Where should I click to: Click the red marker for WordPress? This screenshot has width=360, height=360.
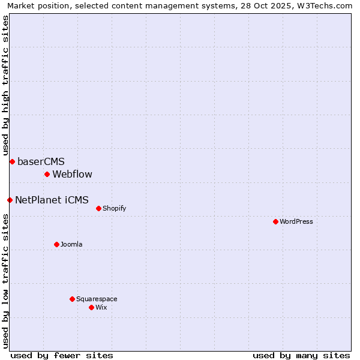point(275,221)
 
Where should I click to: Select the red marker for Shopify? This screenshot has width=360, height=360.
point(98,208)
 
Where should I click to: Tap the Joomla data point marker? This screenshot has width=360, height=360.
point(56,244)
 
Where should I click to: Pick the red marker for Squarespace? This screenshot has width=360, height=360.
point(72,299)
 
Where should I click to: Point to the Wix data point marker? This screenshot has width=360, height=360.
point(91,307)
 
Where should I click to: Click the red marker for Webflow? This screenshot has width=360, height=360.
point(47,174)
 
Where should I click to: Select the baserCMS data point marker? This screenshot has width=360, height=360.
point(12,161)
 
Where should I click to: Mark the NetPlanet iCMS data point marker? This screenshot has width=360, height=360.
point(10,200)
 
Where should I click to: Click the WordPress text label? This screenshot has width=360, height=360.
point(296,221)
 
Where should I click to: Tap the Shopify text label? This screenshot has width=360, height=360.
point(114,208)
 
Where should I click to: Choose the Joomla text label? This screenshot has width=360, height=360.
point(71,244)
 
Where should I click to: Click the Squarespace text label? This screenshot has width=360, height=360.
point(97,299)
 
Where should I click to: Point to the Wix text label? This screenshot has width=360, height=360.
point(101,307)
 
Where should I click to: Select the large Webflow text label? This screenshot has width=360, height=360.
point(73,174)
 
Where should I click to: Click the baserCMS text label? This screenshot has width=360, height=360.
point(41,161)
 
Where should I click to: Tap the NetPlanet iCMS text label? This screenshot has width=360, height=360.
point(52,200)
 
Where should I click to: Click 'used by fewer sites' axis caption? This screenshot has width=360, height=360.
point(62,355)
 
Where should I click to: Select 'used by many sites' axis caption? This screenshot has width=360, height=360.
point(301,355)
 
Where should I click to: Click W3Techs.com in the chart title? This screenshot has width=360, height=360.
point(326,5)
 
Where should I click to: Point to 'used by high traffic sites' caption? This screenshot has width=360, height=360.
point(5,85)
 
